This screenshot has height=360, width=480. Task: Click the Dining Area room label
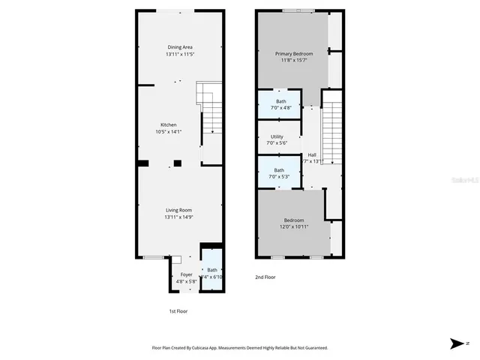click(179, 47)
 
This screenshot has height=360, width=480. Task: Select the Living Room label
click(179, 210)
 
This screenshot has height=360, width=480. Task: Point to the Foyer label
click(186, 274)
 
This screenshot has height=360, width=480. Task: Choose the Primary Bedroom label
click(293, 53)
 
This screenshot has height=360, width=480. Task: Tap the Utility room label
click(277, 136)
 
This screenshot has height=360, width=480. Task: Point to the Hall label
click(312, 154)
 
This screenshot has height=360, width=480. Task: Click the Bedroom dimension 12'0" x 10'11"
click(293, 226)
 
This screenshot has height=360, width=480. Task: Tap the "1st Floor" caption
click(178, 310)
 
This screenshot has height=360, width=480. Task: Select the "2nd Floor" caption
click(265, 277)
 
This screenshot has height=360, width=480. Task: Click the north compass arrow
click(457, 343)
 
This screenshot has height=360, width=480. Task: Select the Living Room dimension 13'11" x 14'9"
click(179, 217)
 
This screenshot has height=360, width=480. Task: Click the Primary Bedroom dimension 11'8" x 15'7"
click(293, 61)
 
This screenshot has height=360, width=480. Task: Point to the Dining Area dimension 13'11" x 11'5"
click(179, 55)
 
